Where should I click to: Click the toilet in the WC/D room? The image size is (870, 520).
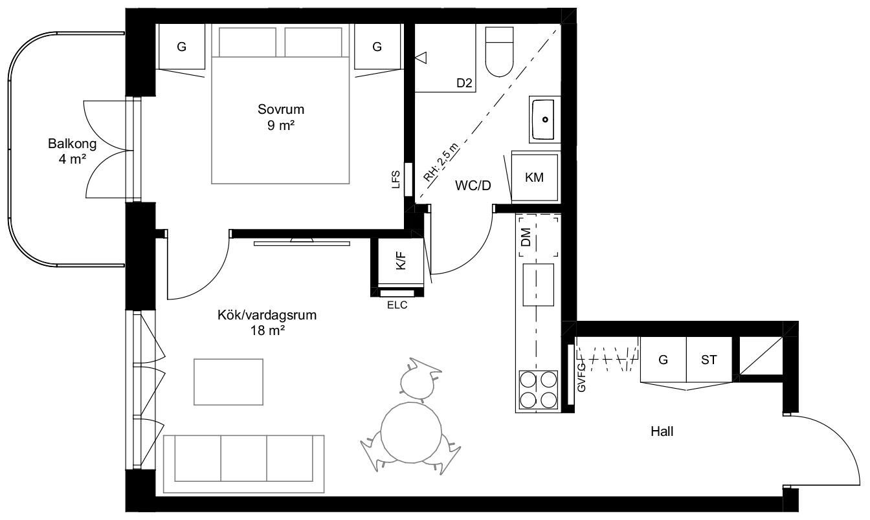click(500, 52)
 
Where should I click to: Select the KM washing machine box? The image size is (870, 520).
click(535, 177)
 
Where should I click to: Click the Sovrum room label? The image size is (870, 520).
click(281, 109)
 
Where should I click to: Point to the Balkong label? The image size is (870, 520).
click(72, 144)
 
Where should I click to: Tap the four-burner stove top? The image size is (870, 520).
click(539, 389)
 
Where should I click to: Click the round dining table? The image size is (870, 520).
click(411, 432)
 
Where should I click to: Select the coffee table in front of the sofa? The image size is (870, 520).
click(229, 382)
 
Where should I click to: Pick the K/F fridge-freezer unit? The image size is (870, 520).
click(401, 261)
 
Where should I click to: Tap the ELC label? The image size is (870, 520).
click(397, 305)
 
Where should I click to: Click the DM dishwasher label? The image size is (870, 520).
click(526, 237)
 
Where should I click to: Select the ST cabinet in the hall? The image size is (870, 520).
click(709, 360)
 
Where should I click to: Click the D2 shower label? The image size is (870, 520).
click(464, 83)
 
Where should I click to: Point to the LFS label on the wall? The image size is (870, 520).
click(396, 180)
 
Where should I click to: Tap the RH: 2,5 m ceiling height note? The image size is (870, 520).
click(441, 162)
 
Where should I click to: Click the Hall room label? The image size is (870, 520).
click(662, 431)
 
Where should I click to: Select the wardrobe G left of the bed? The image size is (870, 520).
click(181, 47)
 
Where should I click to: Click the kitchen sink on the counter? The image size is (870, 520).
click(539, 285)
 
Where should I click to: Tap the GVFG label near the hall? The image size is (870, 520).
click(581, 377)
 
